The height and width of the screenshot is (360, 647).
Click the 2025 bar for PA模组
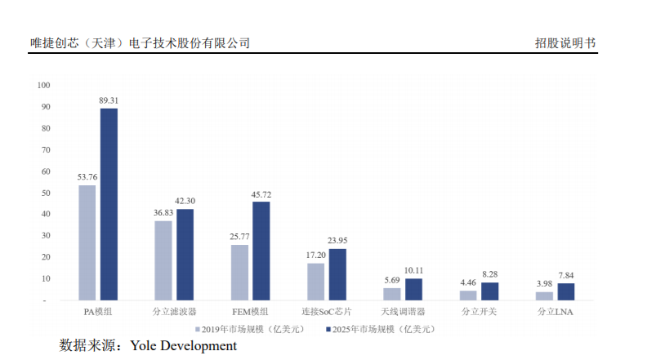109,204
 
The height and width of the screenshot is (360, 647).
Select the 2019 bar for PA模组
87,242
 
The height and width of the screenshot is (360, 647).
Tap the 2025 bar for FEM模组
261,251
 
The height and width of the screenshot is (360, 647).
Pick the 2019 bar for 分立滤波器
163,260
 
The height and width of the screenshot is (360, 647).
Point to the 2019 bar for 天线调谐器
392,294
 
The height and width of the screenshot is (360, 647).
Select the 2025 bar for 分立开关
490,291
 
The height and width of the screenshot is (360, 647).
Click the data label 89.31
109,100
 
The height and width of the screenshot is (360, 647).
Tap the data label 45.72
261,194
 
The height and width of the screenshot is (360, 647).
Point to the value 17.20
315,256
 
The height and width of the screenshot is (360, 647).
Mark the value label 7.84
566,275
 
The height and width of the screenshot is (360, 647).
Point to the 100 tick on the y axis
44,85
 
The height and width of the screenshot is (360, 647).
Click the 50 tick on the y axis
47,193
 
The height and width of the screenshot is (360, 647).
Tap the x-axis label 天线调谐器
403,312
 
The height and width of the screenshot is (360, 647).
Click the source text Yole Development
183,346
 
